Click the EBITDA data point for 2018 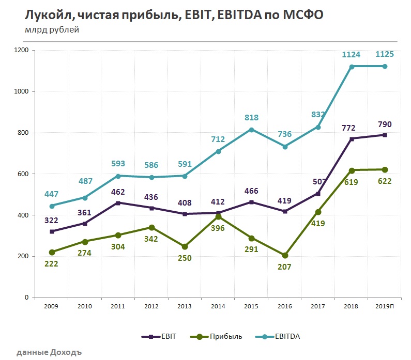352,67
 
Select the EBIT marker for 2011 118,203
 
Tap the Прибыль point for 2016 285,255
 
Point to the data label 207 285,267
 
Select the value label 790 385,124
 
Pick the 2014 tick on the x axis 218,306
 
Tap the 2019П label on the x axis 385,306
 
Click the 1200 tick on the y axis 22,50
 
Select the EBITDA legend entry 279,336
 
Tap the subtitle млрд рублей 52,30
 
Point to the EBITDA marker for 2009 51,206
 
